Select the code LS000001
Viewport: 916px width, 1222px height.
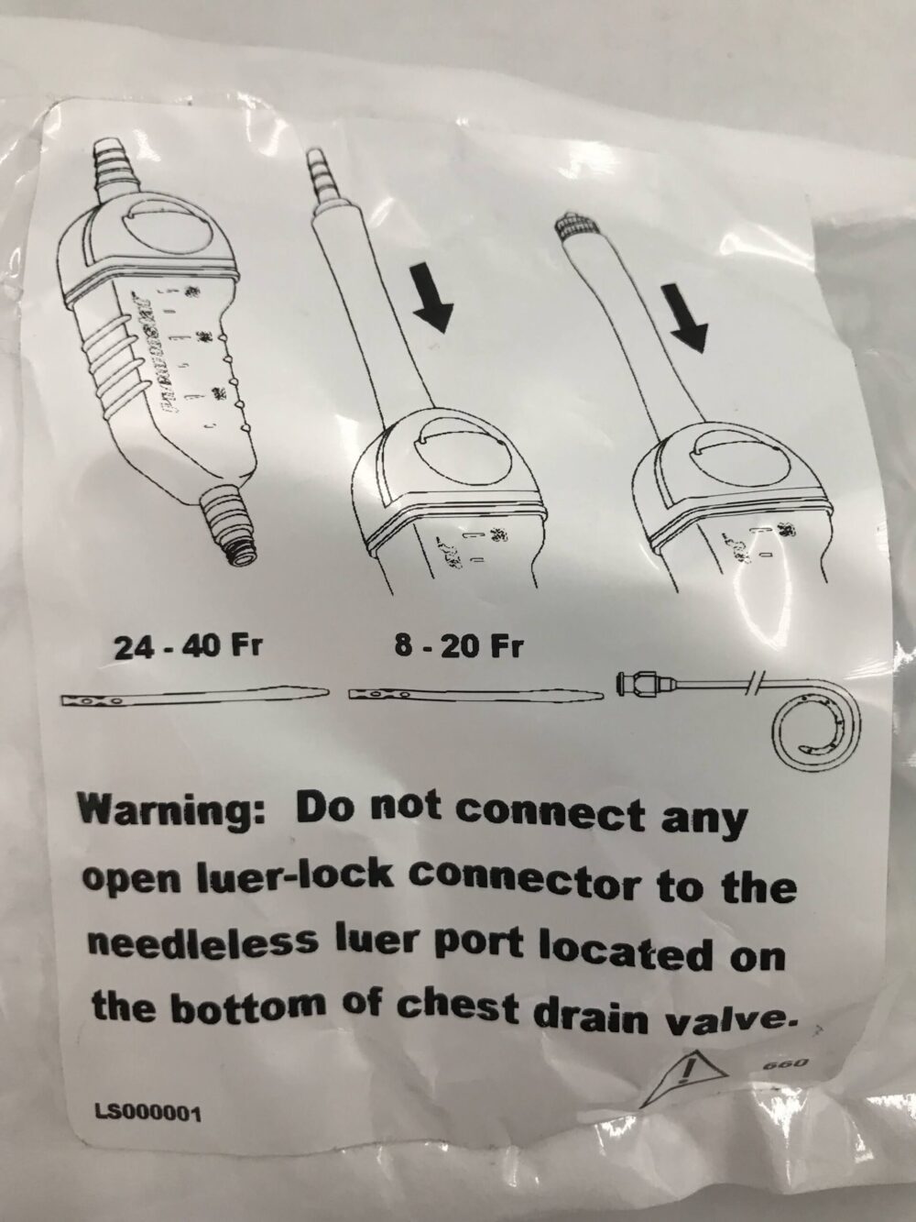point(147,1114)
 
